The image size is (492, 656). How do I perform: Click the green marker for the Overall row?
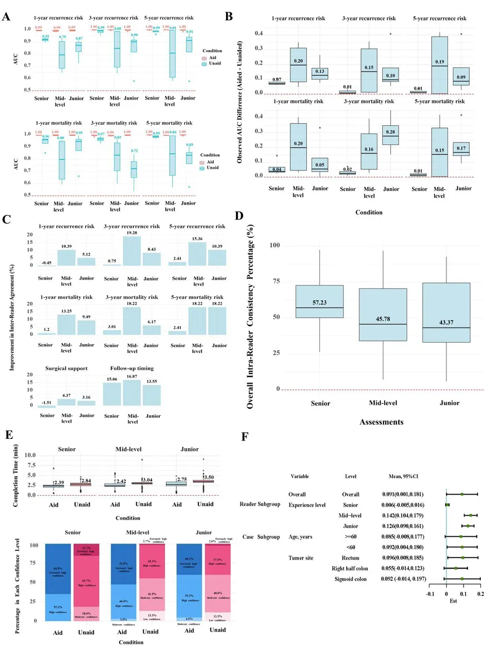[461, 494]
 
